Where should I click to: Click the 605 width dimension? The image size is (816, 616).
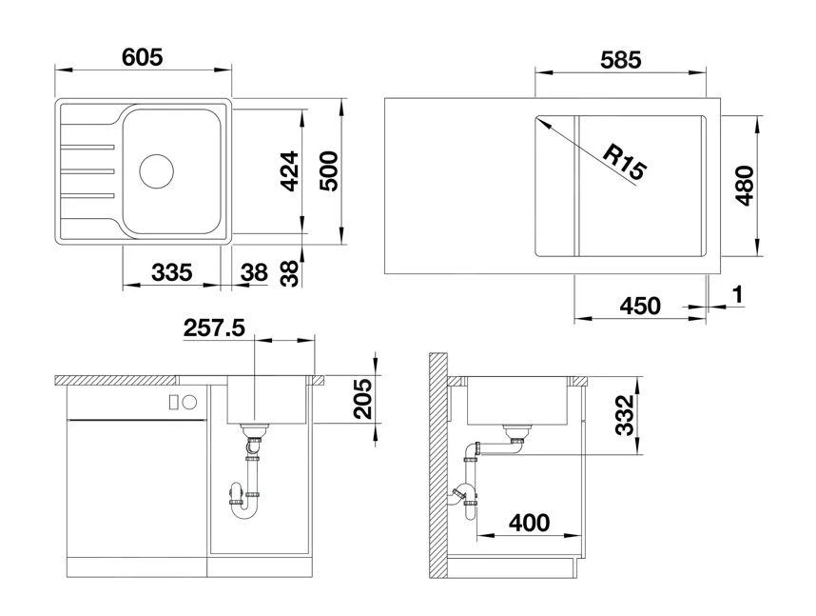pyautogui.click(x=142, y=57)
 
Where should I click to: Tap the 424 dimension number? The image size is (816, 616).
pyautogui.click(x=288, y=171)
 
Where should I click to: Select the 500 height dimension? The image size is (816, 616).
pyautogui.click(x=327, y=171)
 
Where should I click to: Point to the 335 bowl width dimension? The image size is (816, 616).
pyautogui.click(x=172, y=272)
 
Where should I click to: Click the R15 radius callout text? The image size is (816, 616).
pyautogui.click(x=624, y=161)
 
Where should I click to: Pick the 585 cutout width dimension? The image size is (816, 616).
pyautogui.click(x=620, y=60)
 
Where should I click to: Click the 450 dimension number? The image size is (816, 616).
pyautogui.click(x=640, y=306)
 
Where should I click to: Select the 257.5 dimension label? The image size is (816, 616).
pyautogui.click(x=214, y=328)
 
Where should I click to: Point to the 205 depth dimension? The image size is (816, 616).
pyautogui.click(x=362, y=399)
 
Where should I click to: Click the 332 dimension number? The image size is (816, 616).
pyautogui.click(x=624, y=415)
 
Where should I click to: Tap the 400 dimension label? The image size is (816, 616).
pyautogui.click(x=529, y=523)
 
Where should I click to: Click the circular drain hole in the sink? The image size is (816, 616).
pyautogui.click(x=156, y=171)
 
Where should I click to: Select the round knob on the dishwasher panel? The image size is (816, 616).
pyautogui.click(x=190, y=402)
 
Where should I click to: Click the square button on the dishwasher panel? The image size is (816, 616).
pyautogui.click(x=174, y=402)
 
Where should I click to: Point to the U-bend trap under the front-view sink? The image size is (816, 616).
pyautogui.click(x=243, y=507)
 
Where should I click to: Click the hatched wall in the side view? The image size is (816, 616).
pyautogui.click(x=438, y=465)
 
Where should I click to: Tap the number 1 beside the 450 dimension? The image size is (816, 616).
pyautogui.click(x=737, y=294)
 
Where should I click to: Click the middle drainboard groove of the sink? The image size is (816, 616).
pyautogui.click(x=87, y=171)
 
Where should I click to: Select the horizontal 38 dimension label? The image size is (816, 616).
pyautogui.click(x=254, y=272)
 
